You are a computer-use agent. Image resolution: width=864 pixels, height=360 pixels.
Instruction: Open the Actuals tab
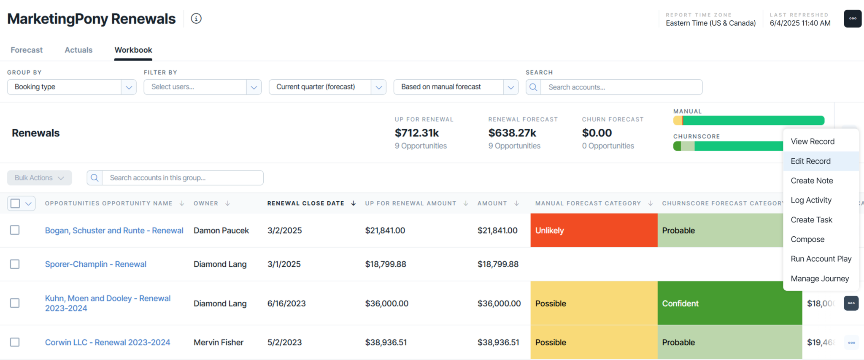click(x=78, y=50)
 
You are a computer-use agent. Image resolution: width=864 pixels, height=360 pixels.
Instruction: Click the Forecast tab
click(x=27, y=50)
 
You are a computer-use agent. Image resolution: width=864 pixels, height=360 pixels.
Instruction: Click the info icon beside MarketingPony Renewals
click(x=196, y=19)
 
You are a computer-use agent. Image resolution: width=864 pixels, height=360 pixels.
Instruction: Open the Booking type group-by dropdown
click(x=72, y=87)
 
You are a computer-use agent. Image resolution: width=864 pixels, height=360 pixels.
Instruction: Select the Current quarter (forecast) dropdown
click(x=327, y=87)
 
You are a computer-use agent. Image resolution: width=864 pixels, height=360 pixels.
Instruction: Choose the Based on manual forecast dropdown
click(x=456, y=87)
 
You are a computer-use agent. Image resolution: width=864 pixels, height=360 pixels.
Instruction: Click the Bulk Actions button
click(x=40, y=178)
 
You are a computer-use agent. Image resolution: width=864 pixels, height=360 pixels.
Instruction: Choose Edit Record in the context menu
click(x=810, y=161)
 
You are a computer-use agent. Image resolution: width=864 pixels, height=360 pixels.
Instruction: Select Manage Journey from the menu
click(x=820, y=279)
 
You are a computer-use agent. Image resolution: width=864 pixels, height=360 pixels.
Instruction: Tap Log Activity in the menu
click(x=811, y=200)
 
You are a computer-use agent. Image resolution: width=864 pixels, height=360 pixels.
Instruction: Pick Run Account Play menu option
click(x=821, y=259)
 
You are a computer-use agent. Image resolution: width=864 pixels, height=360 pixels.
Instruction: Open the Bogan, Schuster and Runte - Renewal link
click(x=114, y=230)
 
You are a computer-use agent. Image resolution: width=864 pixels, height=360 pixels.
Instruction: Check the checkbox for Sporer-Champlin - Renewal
click(x=15, y=264)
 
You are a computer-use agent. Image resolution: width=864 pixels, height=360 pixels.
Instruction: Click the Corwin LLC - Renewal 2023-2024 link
click(x=108, y=342)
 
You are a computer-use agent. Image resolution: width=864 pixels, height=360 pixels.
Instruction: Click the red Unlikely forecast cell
click(x=594, y=230)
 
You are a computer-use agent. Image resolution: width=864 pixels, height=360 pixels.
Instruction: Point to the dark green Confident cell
click(x=729, y=303)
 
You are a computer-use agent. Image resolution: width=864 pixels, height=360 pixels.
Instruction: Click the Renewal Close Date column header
click(x=306, y=203)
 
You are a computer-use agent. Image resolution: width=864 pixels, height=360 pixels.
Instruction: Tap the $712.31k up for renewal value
click(x=417, y=133)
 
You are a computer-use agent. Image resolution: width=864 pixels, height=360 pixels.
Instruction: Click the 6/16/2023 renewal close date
click(x=286, y=303)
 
